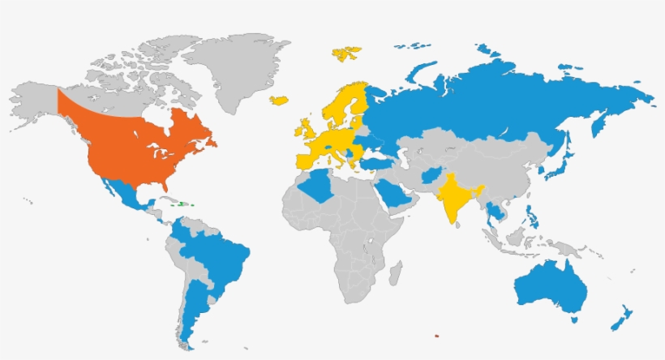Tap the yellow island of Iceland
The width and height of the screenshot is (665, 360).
tap(280, 100)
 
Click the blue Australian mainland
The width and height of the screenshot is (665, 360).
tap(551, 288)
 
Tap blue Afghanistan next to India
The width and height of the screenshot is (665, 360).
tap(430, 176)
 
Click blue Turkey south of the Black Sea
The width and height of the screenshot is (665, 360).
tap(375, 163)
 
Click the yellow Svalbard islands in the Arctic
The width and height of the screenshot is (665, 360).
tap(347, 54)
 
